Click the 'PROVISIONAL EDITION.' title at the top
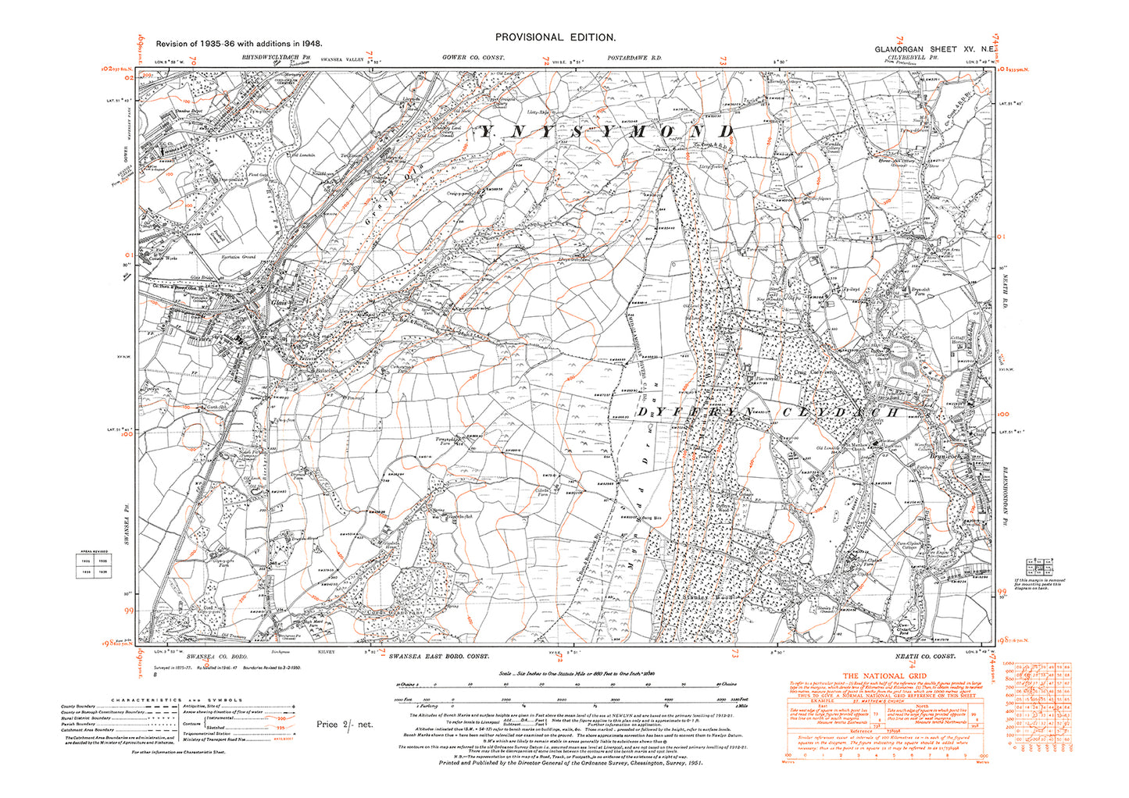click(556, 37)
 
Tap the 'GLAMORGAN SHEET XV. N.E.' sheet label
click(934, 48)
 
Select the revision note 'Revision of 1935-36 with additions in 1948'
click(239, 45)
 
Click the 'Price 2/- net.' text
click(345, 724)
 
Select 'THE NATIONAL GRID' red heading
click(884, 676)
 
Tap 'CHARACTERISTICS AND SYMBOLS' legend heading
click(177, 700)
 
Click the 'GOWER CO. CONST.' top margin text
click(473, 58)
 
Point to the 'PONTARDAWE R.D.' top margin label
click(634, 58)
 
